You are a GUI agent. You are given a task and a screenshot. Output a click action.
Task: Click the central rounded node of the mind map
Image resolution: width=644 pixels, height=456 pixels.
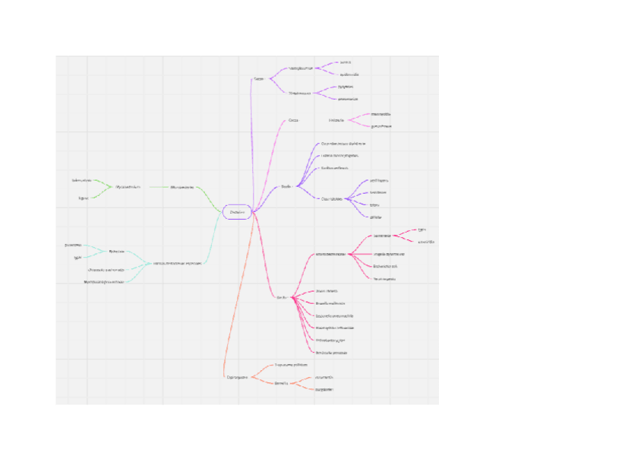click(238, 212)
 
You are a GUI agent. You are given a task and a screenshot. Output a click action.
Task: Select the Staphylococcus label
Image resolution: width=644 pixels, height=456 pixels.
click(301, 68)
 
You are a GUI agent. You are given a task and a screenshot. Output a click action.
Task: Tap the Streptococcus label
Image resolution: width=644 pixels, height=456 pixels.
click(301, 93)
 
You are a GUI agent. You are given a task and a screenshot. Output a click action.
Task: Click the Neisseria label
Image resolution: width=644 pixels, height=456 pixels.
click(336, 120)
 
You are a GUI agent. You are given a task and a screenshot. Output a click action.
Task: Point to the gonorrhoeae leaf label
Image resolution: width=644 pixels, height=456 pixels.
click(380, 126)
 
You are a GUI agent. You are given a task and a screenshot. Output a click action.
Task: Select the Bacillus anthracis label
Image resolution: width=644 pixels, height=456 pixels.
click(335, 167)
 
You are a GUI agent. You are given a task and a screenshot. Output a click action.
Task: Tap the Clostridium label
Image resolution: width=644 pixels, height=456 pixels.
click(332, 199)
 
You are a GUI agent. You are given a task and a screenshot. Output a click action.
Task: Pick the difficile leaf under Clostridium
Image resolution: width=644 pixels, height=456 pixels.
click(375, 217)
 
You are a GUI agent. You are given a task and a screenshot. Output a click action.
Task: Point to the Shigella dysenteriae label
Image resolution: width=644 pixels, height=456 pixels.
click(389, 254)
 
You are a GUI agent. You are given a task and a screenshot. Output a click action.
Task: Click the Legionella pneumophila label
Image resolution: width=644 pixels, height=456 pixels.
click(334, 315)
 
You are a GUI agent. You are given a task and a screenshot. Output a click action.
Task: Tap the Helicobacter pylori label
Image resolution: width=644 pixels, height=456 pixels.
click(330, 340)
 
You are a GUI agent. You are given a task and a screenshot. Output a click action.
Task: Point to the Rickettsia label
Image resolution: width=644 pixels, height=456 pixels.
click(116, 251)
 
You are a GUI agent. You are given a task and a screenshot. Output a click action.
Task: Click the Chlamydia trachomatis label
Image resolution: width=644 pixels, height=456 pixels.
click(106, 269)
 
